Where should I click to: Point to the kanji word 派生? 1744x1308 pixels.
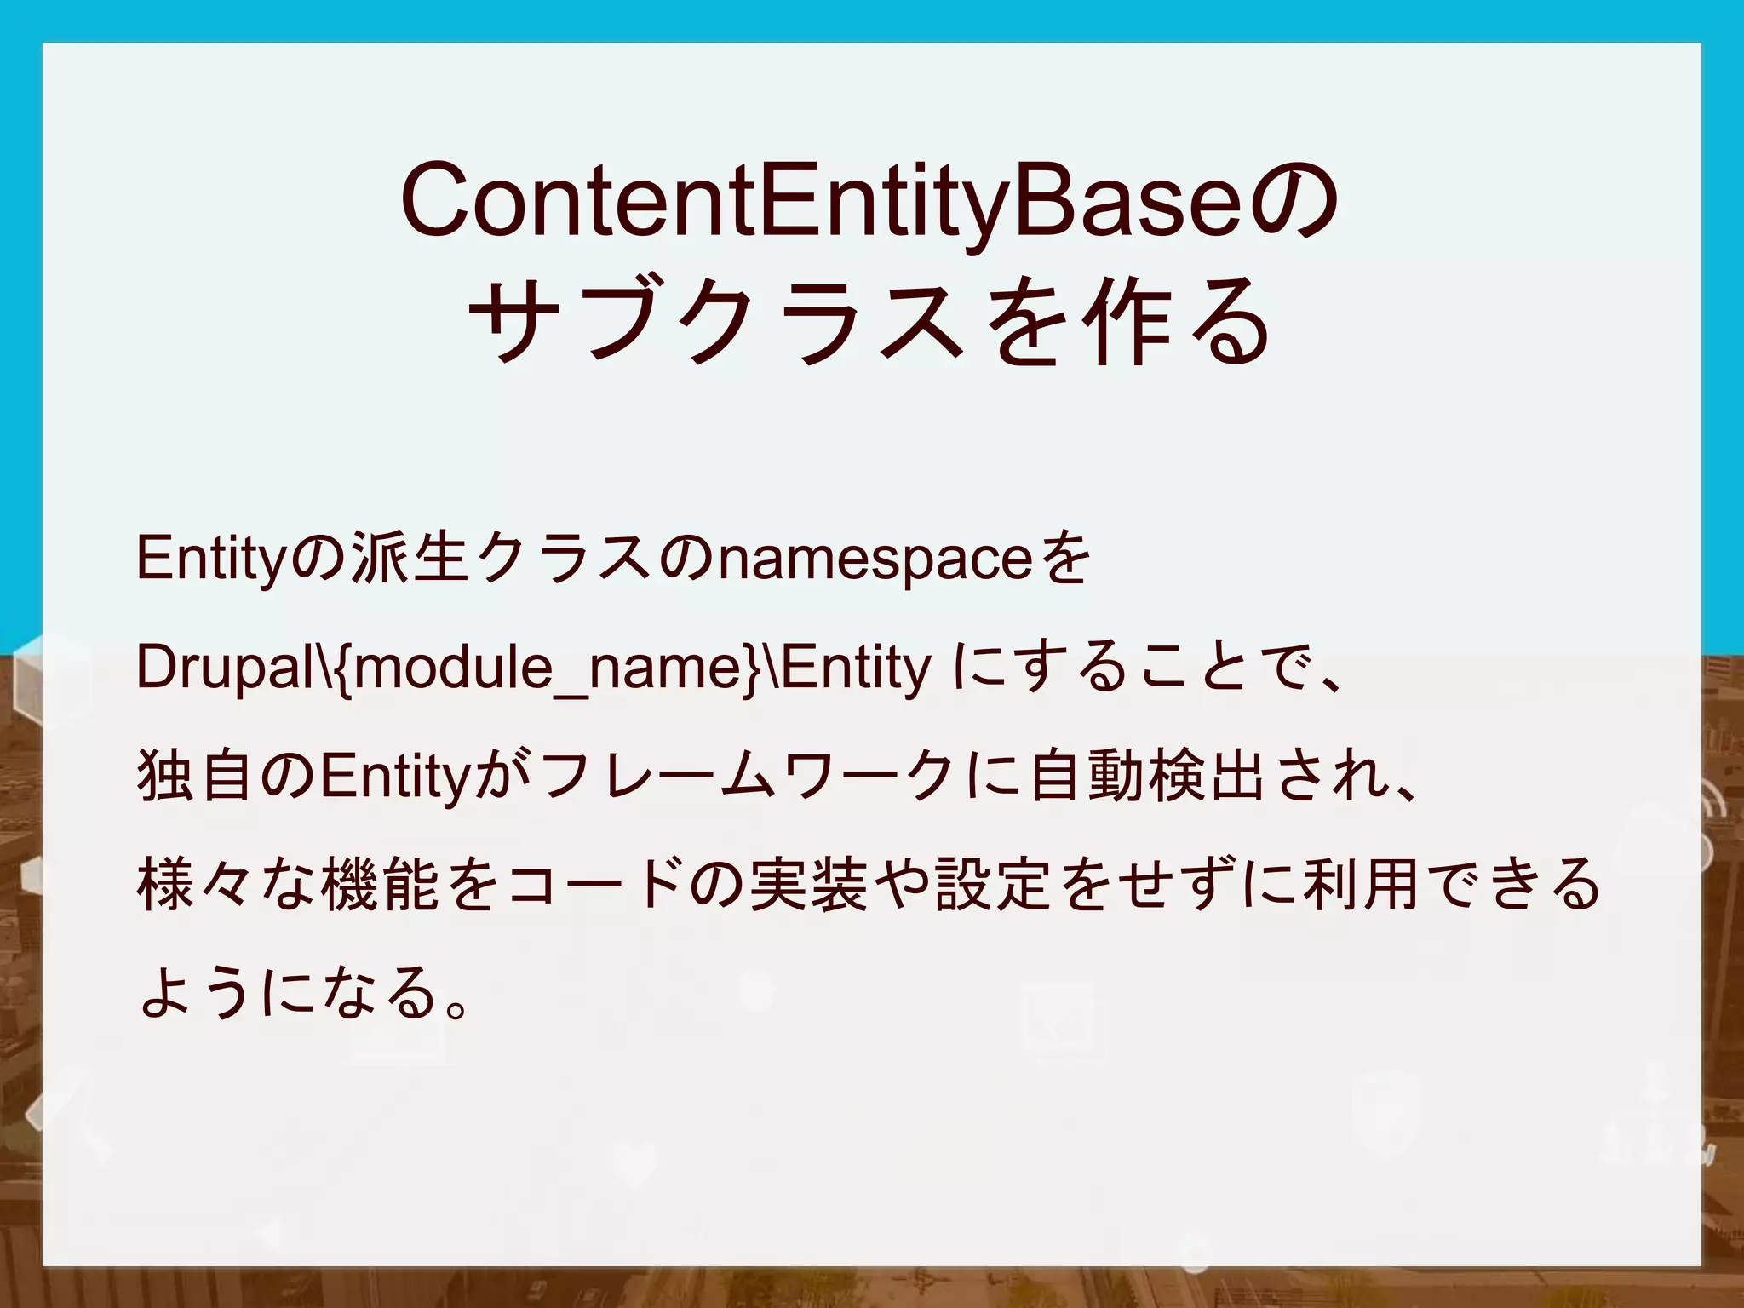408,560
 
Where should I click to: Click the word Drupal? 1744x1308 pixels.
226,668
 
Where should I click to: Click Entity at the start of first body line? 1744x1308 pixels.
209,560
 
